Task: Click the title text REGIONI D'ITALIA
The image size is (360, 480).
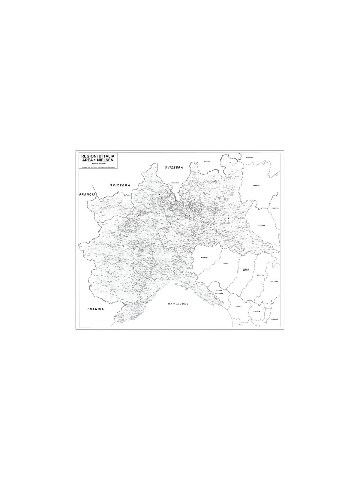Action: (x=98, y=156)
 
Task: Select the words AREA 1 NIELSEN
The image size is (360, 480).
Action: (x=98, y=160)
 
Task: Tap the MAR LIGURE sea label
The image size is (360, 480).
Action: (x=178, y=304)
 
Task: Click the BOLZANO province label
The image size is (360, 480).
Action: (x=250, y=157)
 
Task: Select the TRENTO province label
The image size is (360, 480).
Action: (x=256, y=185)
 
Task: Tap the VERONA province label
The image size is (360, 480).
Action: (x=261, y=225)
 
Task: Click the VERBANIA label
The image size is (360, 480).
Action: (x=175, y=183)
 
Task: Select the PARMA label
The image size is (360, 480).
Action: (x=226, y=263)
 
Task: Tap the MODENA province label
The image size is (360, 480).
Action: (x=260, y=275)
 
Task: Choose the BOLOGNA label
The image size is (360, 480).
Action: (x=274, y=281)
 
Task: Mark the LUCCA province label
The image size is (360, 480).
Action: (x=239, y=307)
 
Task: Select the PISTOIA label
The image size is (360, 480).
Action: (x=256, y=311)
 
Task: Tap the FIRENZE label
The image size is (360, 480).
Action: (x=275, y=319)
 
